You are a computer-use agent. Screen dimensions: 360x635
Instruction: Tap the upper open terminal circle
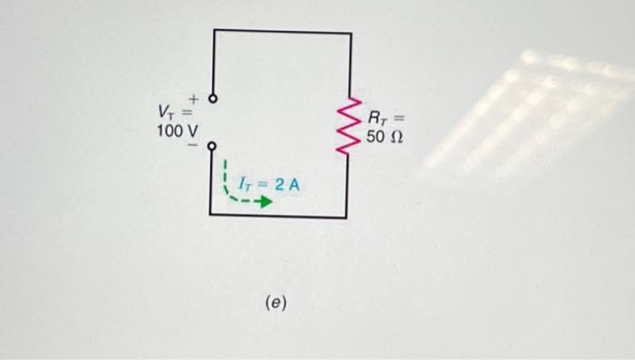click(214, 99)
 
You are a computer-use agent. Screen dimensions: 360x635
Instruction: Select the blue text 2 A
click(289, 184)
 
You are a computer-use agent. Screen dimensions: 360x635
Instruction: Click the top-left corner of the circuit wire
click(215, 31)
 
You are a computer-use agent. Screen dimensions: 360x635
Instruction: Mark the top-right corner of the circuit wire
click(350, 33)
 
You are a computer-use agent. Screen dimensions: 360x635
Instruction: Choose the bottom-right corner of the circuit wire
click(346, 218)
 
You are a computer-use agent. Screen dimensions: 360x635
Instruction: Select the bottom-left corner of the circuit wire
click(210, 214)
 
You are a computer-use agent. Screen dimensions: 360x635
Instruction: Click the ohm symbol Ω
click(397, 138)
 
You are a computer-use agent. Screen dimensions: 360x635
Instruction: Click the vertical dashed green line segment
click(224, 177)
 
